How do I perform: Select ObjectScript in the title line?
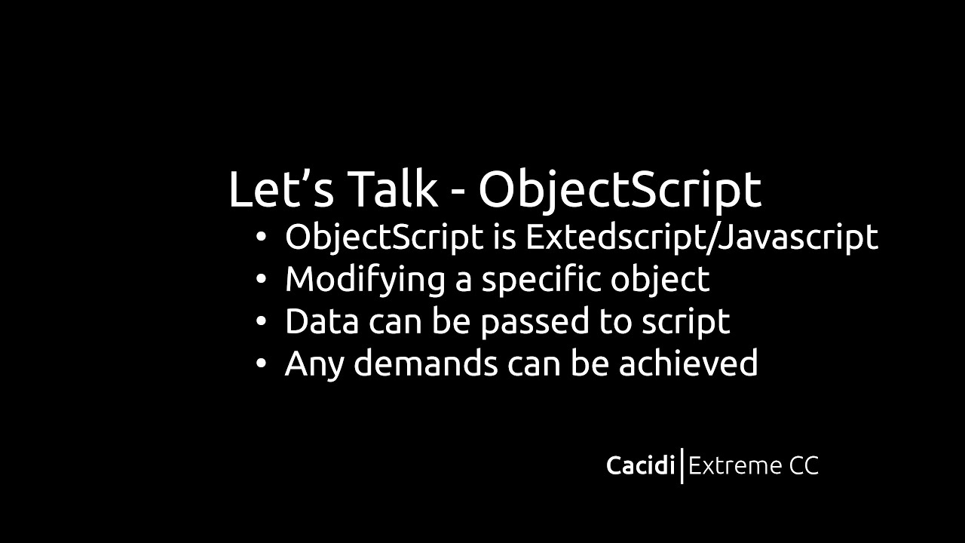(x=619, y=190)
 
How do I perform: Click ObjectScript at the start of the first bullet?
(x=384, y=238)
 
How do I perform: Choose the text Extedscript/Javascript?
(x=701, y=238)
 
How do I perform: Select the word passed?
(x=535, y=322)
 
